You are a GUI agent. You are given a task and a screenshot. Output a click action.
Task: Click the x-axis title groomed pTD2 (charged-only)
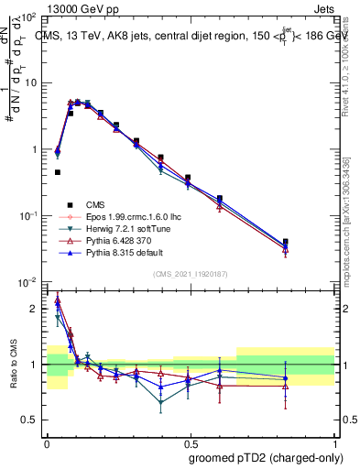click(265, 456)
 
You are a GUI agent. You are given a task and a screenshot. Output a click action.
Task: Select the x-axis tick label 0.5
click(190, 441)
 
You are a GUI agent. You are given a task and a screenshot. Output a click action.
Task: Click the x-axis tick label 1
click(333, 441)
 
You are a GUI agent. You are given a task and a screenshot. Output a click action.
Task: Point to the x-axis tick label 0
click(47, 441)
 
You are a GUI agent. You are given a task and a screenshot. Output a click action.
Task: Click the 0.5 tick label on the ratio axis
click(31, 420)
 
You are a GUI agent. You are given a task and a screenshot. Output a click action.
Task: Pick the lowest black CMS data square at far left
click(57, 171)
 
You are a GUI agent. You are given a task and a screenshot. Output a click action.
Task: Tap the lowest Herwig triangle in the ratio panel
click(161, 402)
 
